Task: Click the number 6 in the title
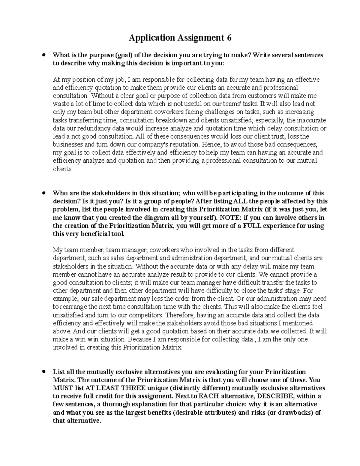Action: (x=229, y=38)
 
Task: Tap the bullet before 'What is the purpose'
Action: (x=44, y=55)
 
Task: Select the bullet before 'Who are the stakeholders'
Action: (x=44, y=193)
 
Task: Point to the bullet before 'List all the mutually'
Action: (x=44, y=371)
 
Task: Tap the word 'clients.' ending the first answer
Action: (x=62, y=169)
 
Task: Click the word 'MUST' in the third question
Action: (x=61, y=388)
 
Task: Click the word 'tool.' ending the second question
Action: (x=118, y=234)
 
